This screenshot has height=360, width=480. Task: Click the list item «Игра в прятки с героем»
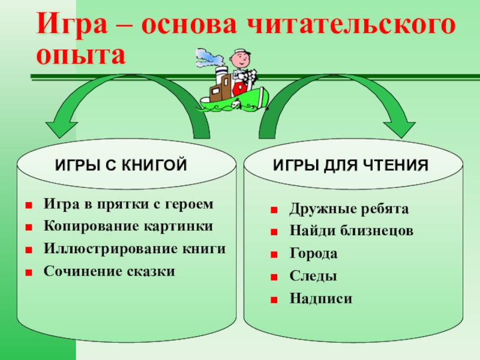pos(128,205)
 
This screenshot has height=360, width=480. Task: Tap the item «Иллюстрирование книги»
pos(135,249)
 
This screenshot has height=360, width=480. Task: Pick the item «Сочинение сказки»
pos(110,271)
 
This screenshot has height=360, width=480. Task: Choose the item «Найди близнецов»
pos(351,232)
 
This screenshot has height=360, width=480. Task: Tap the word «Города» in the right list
pos(313,254)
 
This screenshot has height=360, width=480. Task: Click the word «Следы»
pos(313,276)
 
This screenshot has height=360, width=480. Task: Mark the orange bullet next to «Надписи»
pos(274,299)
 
